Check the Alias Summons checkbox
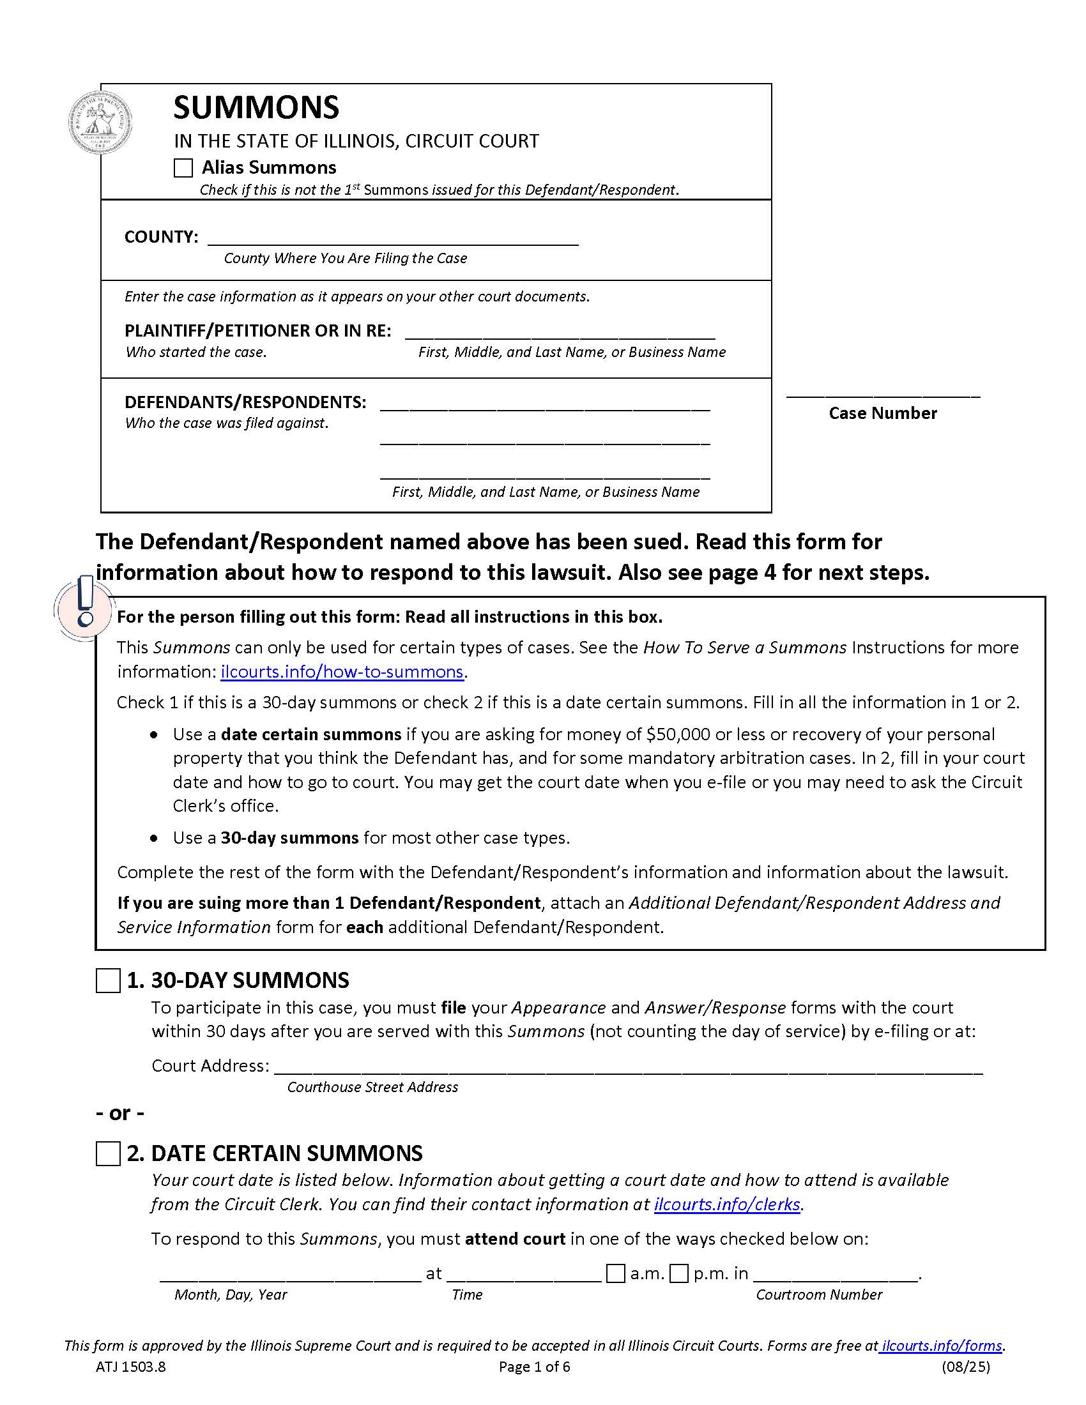pos(183,169)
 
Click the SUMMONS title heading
pos(256,107)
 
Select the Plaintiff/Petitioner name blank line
pos(560,333)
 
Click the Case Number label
pos(883,413)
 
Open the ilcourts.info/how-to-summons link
pos(342,672)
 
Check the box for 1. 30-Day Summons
pos(108,981)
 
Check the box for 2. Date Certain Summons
pos(108,1153)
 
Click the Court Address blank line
pos(628,1067)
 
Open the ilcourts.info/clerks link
pos(727,1204)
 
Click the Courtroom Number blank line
pos(836,1275)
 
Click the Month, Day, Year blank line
pos(290,1275)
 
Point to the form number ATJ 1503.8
pos(130,1367)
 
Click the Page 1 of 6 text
pos(535,1367)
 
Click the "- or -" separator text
pos(120,1113)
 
